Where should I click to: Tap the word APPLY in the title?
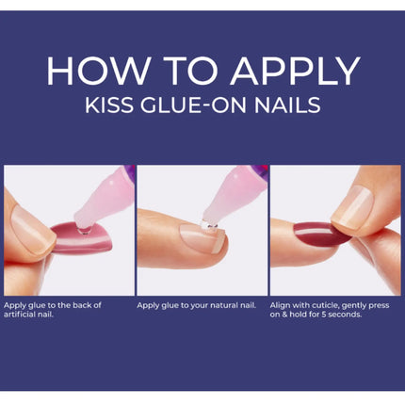295,71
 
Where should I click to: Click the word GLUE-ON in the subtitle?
193,105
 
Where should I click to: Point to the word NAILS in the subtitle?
287,105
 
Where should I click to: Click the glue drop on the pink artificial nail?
84,231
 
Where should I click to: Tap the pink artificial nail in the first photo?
82,238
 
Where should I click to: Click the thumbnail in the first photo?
31,231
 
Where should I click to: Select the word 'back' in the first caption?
81,305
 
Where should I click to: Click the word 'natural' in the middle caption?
225,305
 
